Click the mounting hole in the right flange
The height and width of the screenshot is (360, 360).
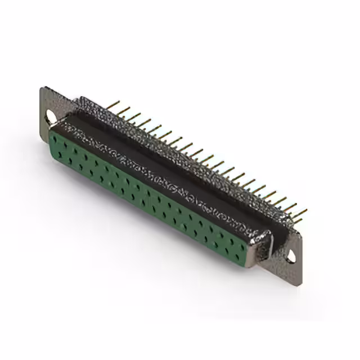291,256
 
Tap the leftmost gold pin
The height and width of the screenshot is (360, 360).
114,105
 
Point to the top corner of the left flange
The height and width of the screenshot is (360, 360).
42,88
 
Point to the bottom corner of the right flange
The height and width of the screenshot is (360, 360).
299,282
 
